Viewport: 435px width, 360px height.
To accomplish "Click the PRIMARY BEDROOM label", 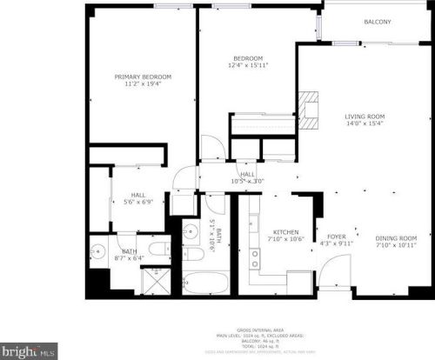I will pyautogui.click(x=143, y=77).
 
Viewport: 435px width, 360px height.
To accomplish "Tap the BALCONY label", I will pyautogui.click(x=378, y=23).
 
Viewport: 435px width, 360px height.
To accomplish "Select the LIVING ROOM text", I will pyautogui.click(x=365, y=116).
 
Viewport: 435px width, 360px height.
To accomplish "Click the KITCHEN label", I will pyautogui.click(x=286, y=232).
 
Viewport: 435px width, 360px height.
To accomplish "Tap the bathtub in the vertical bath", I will pyautogui.click(x=206, y=283).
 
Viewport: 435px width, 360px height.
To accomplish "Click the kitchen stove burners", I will pyautogui.click(x=255, y=257).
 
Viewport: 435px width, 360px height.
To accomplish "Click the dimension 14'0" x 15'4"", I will pyautogui.click(x=365, y=123).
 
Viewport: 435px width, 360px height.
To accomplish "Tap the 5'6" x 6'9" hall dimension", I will pyautogui.click(x=137, y=203).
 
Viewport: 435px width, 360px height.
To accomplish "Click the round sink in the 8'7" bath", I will pyautogui.click(x=97, y=256).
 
